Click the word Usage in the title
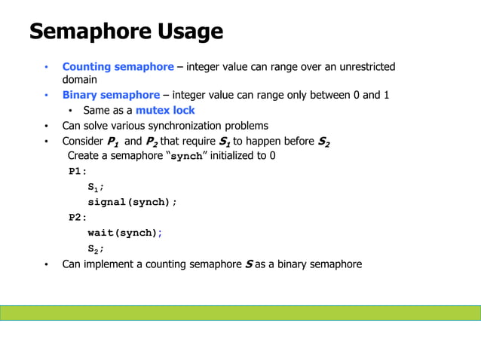point(191,32)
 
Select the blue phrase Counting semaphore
point(118,67)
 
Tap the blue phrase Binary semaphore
point(111,95)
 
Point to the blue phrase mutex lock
point(165,111)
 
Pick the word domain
point(79,79)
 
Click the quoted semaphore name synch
point(186,157)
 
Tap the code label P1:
point(78,172)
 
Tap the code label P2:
point(78,218)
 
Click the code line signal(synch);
point(133,203)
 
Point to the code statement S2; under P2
point(96,249)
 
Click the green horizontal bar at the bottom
point(240,313)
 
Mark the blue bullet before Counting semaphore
point(45,68)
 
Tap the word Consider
point(82,141)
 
